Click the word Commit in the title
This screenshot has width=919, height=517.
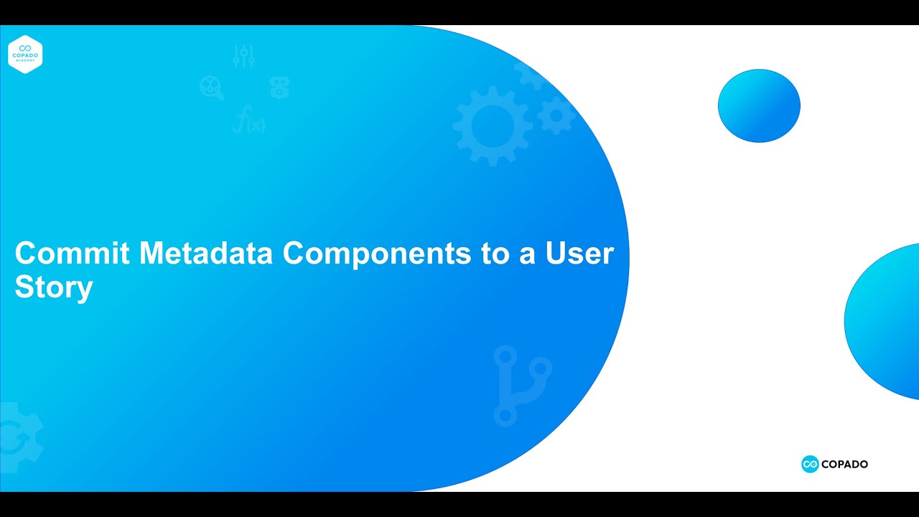(73, 253)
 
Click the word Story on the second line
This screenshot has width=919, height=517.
(54, 287)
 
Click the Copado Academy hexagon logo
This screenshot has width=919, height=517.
(26, 55)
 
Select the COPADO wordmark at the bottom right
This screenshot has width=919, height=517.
(845, 465)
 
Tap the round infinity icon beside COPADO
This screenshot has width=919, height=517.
(810, 465)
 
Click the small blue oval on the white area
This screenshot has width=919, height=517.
(759, 106)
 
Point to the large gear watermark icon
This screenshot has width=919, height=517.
(493, 126)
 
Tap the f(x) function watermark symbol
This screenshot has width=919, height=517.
(248, 120)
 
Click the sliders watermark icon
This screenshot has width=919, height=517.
(244, 57)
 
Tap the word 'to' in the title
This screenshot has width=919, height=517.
(495, 254)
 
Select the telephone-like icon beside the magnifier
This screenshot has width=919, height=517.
(279, 88)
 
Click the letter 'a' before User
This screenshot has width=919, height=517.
(528, 255)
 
